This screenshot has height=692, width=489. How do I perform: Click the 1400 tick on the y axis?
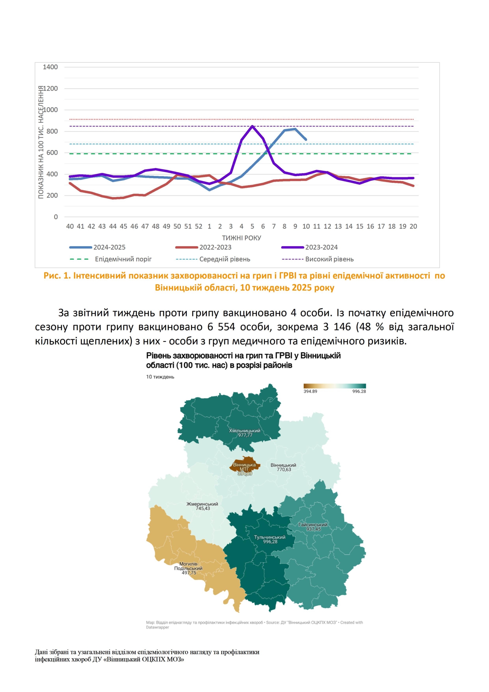[x=50, y=67]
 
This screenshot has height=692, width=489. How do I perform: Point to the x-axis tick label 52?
[x=199, y=226]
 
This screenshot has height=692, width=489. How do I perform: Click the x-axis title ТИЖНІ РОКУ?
[x=241, y=238]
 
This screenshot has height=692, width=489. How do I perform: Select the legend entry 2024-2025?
[x=109, y=247]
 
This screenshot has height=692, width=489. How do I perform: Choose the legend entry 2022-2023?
[x=215, y=247]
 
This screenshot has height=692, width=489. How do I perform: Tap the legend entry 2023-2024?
[x=321, y=247]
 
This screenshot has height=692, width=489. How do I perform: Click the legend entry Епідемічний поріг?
[x=123, y=259]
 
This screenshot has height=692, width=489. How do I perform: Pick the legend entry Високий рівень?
[x=329, y=259]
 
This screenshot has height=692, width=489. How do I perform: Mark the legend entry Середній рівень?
[x=225, y=259]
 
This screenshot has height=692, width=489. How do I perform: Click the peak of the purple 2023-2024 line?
[x=252, y=126]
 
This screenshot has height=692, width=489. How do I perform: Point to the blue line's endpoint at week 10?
[x=306, y=140]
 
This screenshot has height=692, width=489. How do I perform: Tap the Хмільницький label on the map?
[x=244, y=430]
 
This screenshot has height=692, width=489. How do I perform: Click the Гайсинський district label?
[x=313, y=525]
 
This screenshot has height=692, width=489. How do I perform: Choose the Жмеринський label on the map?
[x=202, y=504]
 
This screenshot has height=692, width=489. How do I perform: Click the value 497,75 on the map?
[x=189, y=573]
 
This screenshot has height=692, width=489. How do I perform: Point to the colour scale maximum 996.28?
[x=359, y=391]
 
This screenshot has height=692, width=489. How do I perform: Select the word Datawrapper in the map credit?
[x=157, y=627]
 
